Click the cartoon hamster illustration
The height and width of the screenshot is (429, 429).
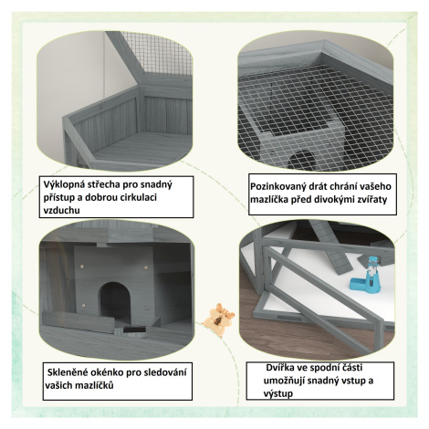tap(219, 319)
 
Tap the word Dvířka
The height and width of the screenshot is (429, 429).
tap(278, 368)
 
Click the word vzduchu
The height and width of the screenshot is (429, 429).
tap(62, 210)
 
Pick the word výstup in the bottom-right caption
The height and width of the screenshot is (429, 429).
tap(278, 393)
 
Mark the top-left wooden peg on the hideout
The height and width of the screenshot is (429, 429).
tap(81, 267)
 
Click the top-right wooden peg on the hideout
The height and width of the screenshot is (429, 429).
tap(146, 267)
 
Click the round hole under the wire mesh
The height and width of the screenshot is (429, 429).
tap(302, 160)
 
